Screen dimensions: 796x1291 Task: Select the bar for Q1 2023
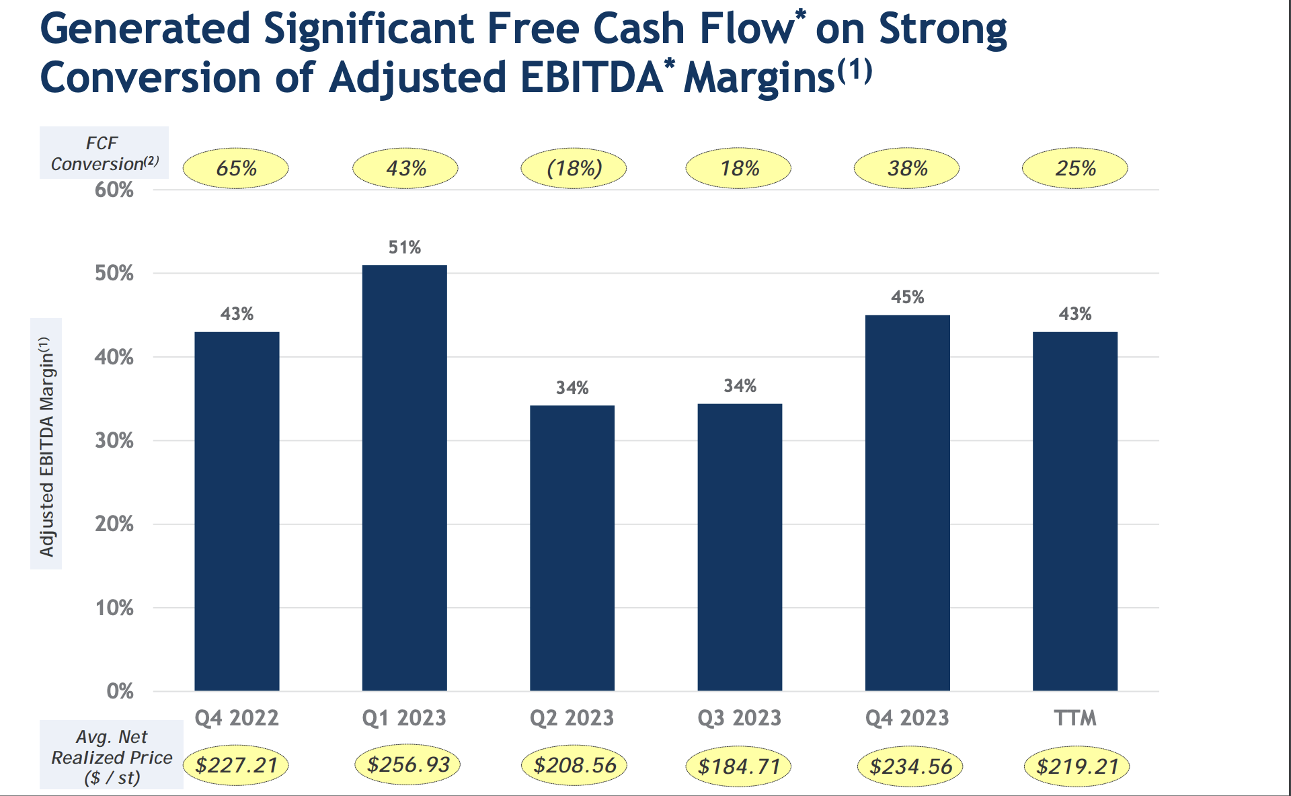coord(404,477)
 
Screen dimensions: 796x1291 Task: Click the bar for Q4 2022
coord(237,511)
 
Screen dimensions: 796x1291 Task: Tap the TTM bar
coord(1074,511)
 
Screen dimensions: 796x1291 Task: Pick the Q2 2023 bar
coord(572,548)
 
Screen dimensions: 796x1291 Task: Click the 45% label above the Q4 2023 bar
coord(907,297)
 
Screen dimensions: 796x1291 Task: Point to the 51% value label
coord(404,247)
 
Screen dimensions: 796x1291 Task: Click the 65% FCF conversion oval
coord(236,168)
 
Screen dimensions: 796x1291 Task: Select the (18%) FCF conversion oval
coord(574,168)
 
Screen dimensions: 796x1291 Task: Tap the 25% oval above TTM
coord(1074,168)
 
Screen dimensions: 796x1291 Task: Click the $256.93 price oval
coord(407,764)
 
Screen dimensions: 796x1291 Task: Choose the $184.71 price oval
coord(738,766)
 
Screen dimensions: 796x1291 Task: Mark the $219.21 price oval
coord(1077,766)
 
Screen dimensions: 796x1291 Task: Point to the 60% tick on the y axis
coord(114,190)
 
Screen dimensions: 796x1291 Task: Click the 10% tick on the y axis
coord(114,608)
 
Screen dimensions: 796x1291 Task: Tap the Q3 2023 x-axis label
coord(739,718)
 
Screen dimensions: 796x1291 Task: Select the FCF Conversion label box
coord(104,153)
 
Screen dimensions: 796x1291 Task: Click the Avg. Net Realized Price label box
coord(112,756)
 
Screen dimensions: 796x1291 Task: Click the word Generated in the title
coord(145,29)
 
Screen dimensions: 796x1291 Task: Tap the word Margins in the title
coord(759,78)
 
